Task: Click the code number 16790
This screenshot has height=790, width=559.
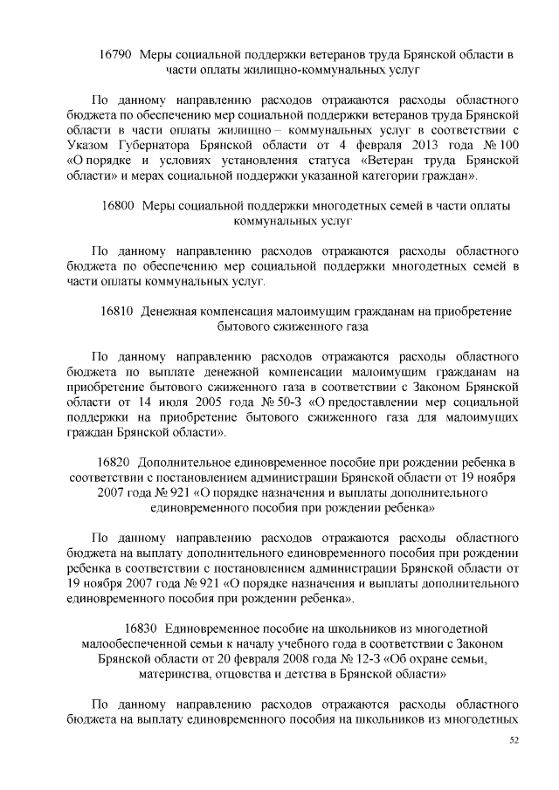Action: coord(115,55)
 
